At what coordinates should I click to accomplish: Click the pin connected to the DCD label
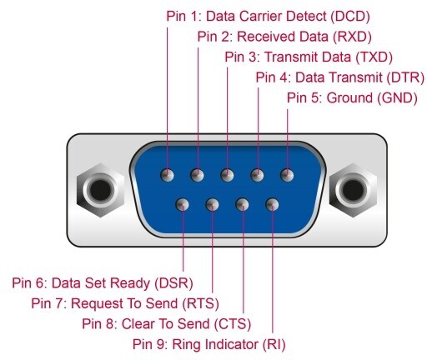pos(168,175)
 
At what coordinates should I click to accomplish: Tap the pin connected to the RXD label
pos(197,175)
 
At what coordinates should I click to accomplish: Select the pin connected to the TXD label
pos(227,175)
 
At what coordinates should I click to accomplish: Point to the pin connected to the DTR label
pos(257,175)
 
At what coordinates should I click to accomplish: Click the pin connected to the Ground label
pos(287,175)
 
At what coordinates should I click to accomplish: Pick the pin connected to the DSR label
pos(183,205)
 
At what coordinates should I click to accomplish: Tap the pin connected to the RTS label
pos(212,205)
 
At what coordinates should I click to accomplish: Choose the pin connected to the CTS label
pos(242,205)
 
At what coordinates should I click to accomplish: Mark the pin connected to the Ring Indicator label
pos(272,205)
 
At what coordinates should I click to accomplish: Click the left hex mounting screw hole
pos(100,190)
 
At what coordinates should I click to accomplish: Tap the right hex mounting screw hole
pos(353,190)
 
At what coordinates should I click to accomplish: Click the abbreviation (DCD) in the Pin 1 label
pos(350,17)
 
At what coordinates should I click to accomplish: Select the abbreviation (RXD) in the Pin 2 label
pos(352,37)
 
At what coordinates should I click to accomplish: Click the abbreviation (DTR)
pos(405,77)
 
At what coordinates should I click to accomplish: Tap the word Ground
pos(349,98)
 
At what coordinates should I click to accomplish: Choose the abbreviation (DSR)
pos(174,283)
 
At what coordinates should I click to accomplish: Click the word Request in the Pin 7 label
pos(97,303)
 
